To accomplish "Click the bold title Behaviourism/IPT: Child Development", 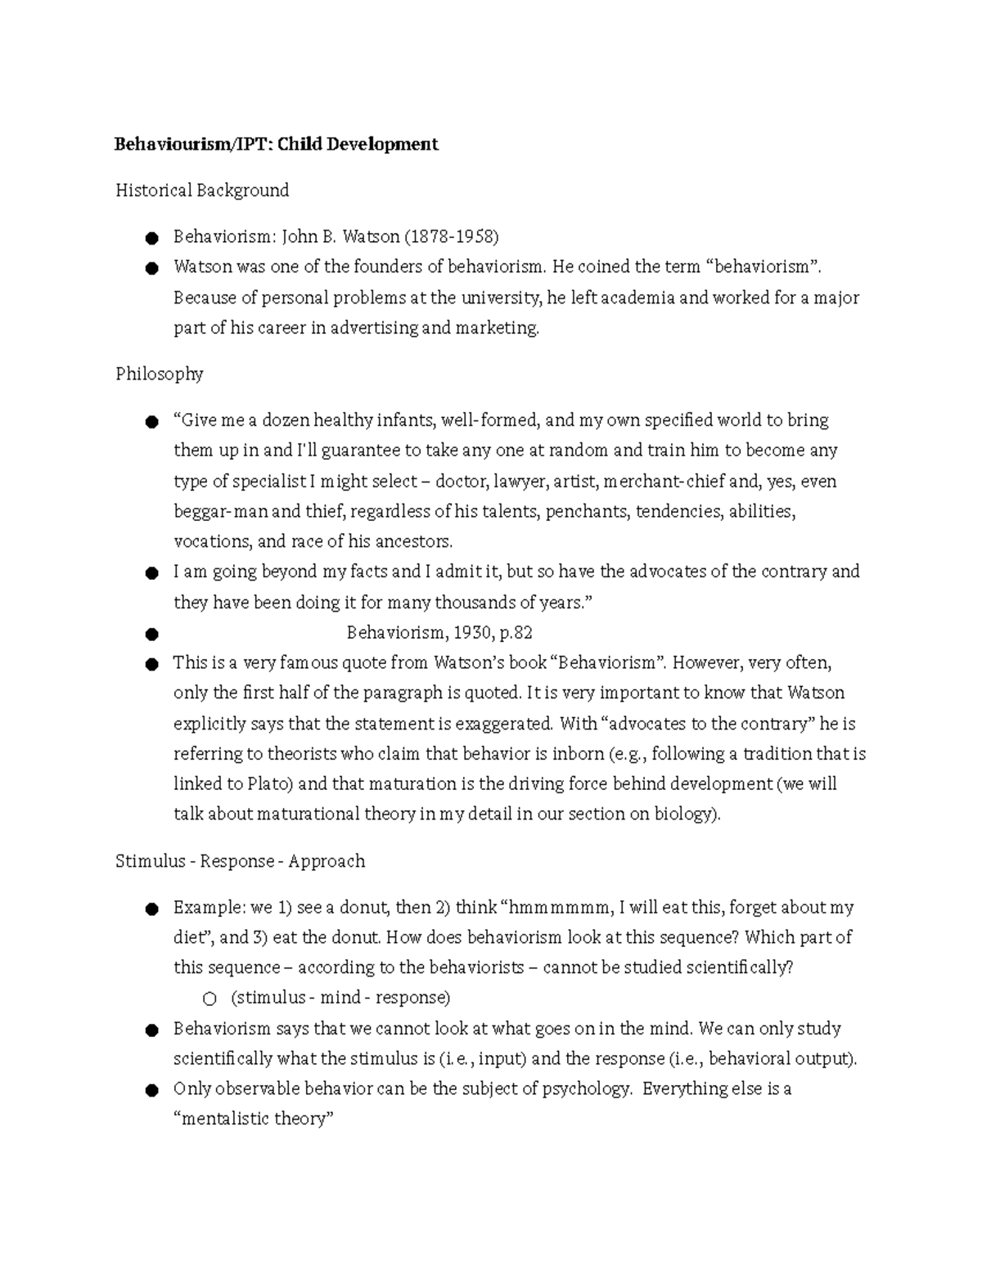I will [277, 145].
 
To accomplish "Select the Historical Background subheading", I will [202, 191].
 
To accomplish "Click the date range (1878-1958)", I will [451, 237].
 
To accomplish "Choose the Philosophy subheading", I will [159, 374].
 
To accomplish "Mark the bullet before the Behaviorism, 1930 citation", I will [151, 634].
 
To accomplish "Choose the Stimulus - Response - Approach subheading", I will [240, 861].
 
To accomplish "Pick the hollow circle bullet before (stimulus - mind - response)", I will [209, 998].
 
